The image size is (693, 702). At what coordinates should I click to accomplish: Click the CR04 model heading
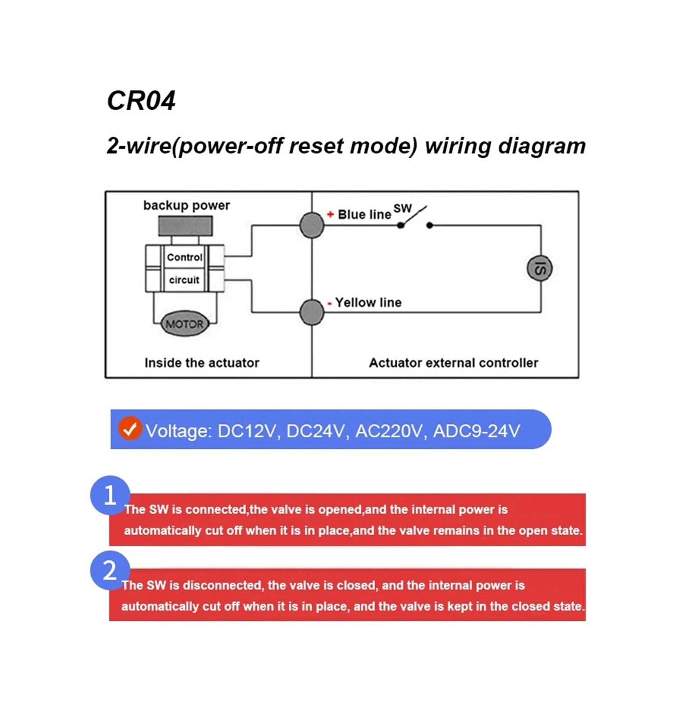click(x=141, y=100)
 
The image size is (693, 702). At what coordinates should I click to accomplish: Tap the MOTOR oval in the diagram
click(x=184, y=324)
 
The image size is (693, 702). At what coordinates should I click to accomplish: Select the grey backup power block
click(x=185, y=226)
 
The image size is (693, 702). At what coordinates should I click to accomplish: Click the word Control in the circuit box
click(x=184, y=257)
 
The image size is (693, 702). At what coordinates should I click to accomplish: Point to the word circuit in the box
click(x=184, y=279)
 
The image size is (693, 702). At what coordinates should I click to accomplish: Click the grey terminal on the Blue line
click(x=312, y=225)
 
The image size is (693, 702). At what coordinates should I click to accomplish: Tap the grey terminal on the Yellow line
click(x=312, y=312)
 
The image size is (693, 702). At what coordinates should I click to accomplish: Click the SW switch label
click(x=402, y=208)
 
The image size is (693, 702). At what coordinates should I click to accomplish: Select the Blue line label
click(x=364, y=215)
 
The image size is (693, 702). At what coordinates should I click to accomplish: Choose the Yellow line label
click(x=368, y=302)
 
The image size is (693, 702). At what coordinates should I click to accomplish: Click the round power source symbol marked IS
click(x=539, y=268)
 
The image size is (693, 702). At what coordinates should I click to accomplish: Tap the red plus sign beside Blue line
click(x=330, y=214)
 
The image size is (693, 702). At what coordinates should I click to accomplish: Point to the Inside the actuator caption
click(x=202, y=363)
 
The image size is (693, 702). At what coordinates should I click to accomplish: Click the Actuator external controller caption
click(x=453, y=363)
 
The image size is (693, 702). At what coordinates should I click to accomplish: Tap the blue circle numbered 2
click(x=110, y=571)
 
